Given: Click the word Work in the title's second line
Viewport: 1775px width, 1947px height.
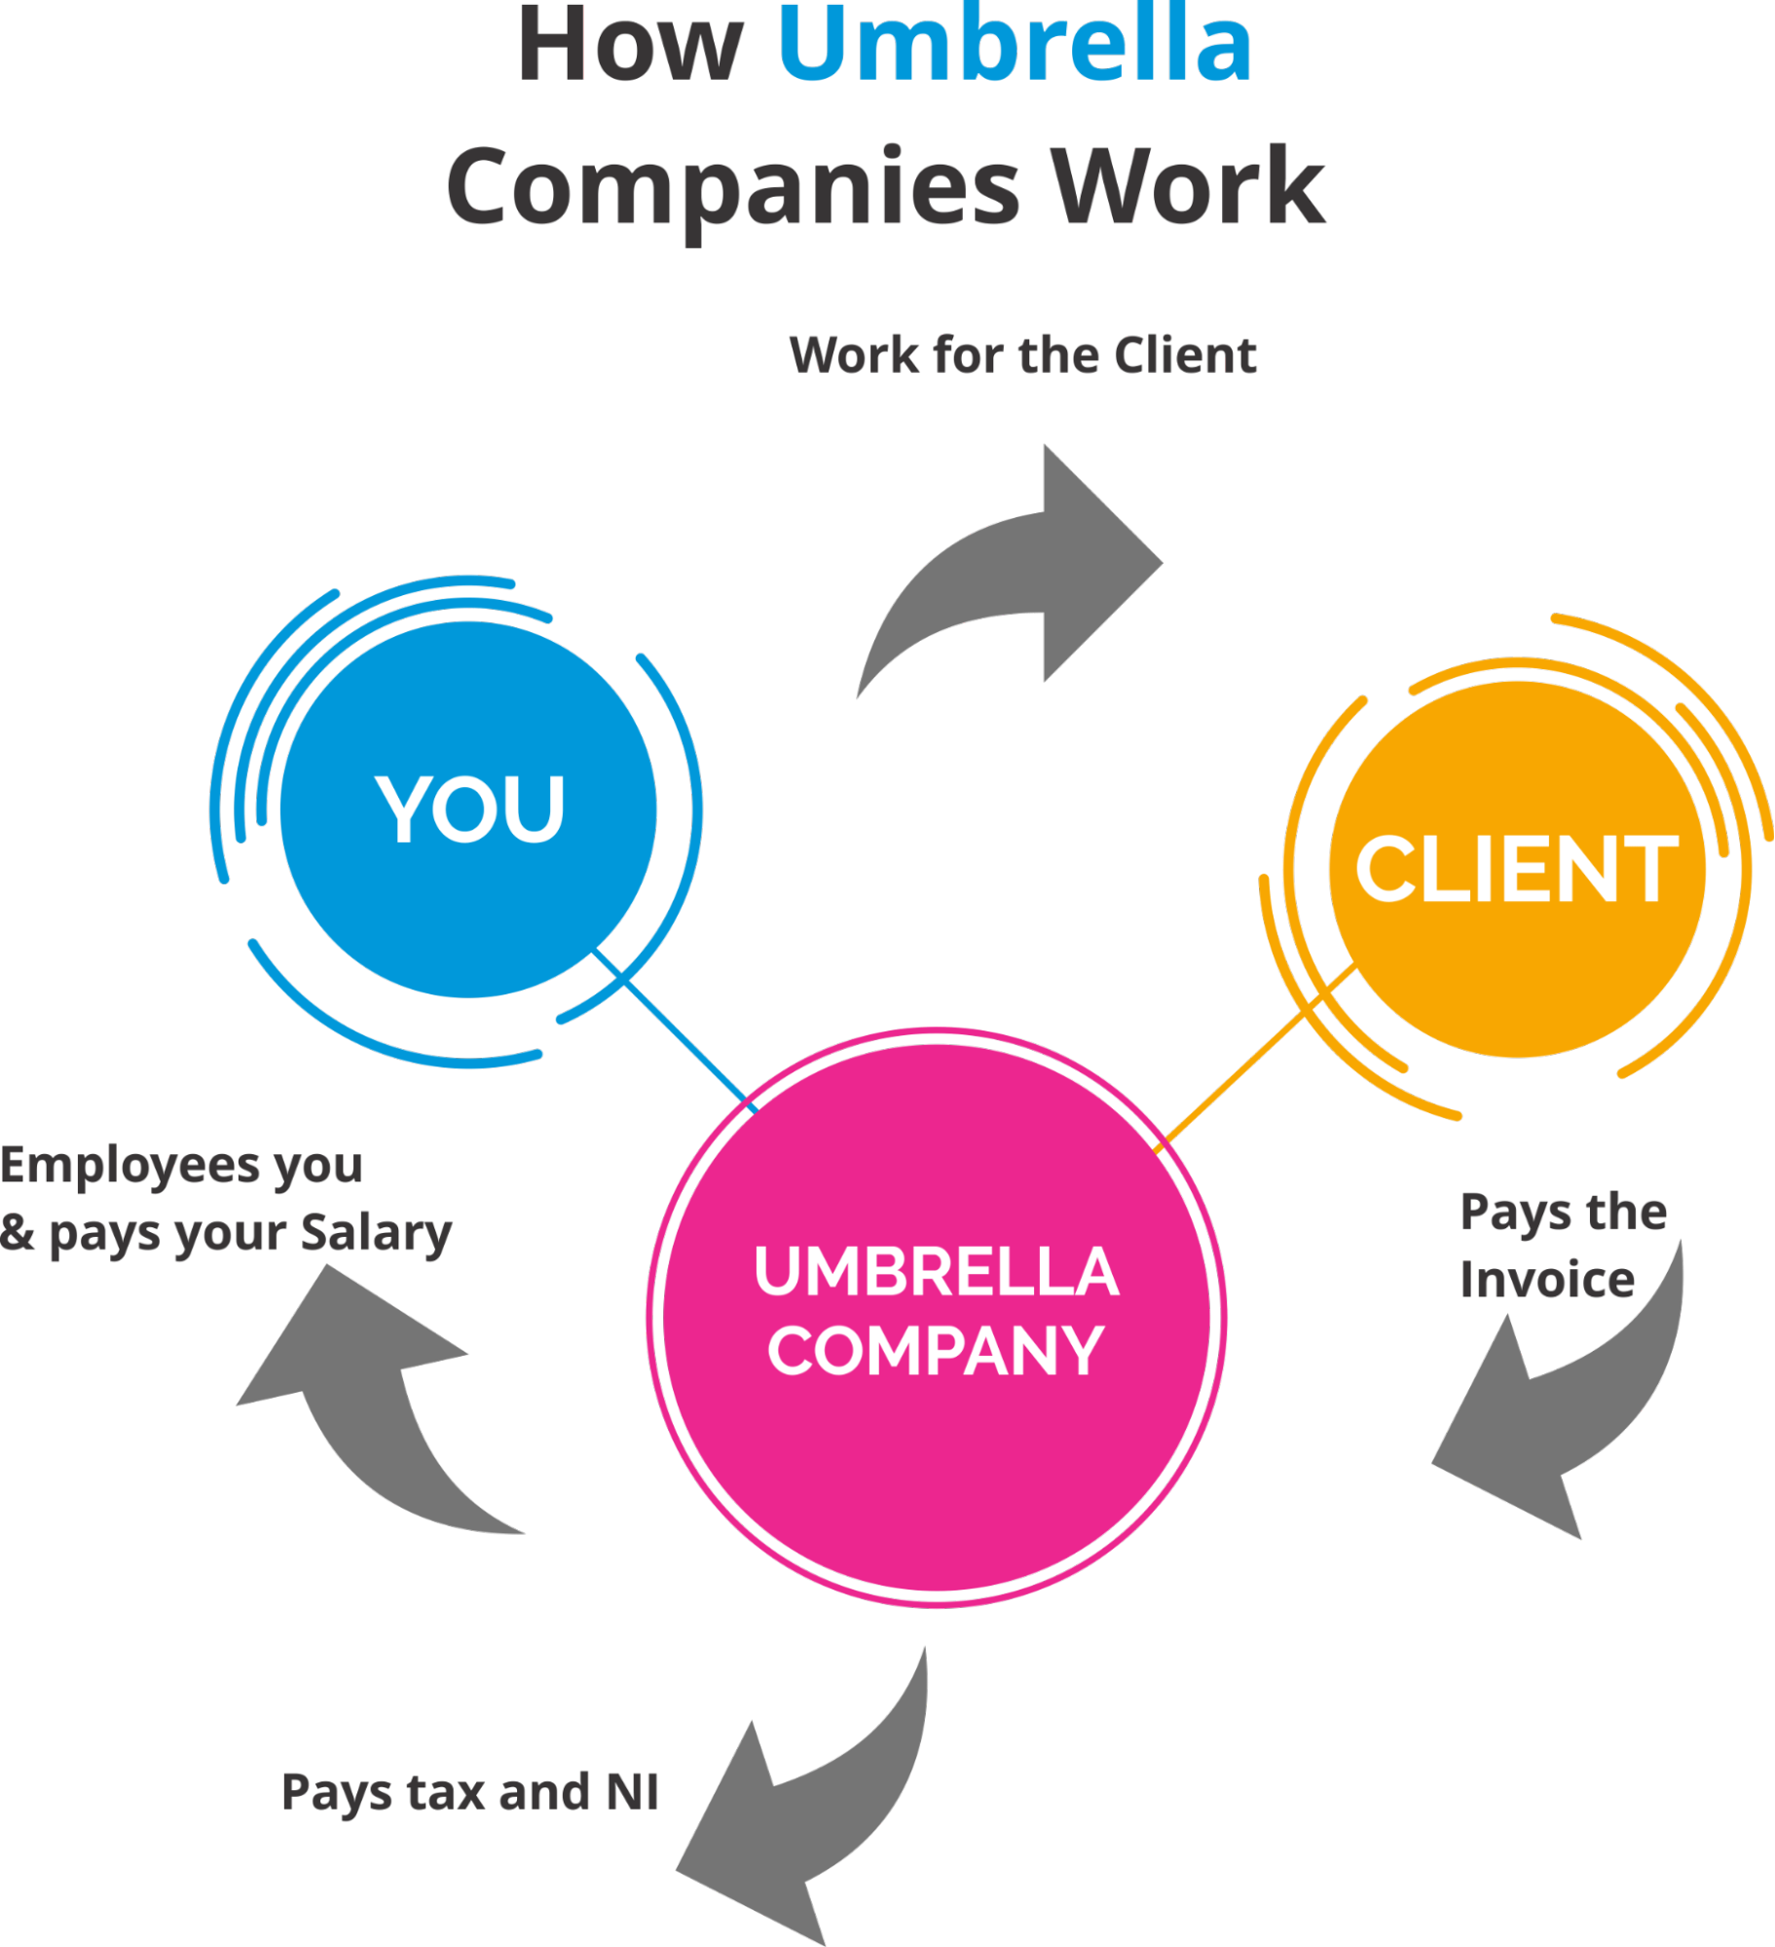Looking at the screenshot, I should (x=1187, y=185).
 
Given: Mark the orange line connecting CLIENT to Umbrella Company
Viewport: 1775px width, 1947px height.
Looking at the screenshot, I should (x=1256, y=1057).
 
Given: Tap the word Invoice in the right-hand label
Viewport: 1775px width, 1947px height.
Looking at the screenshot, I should (x=1546, y=1279).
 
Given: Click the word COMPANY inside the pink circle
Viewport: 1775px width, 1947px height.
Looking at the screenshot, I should (x=936, y=1352).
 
